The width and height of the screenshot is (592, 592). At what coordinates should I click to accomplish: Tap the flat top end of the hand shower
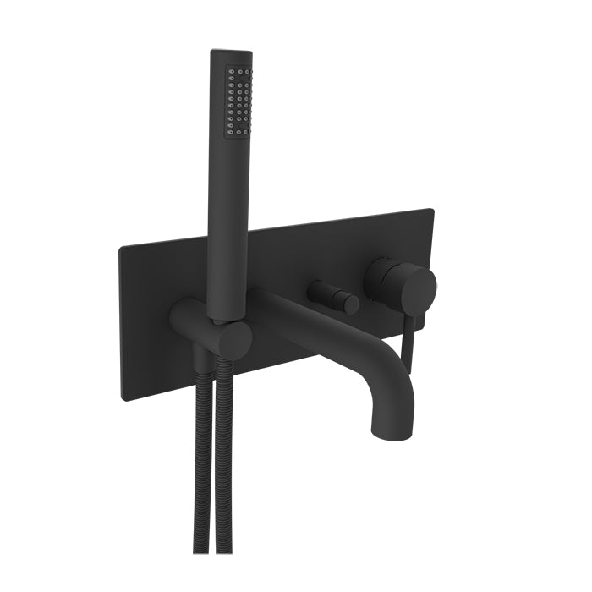231,53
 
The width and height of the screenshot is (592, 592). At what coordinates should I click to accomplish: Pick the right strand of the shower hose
226,474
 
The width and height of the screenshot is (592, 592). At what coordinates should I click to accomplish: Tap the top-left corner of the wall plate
122,247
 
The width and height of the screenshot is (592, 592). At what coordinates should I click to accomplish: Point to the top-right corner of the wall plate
431,210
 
